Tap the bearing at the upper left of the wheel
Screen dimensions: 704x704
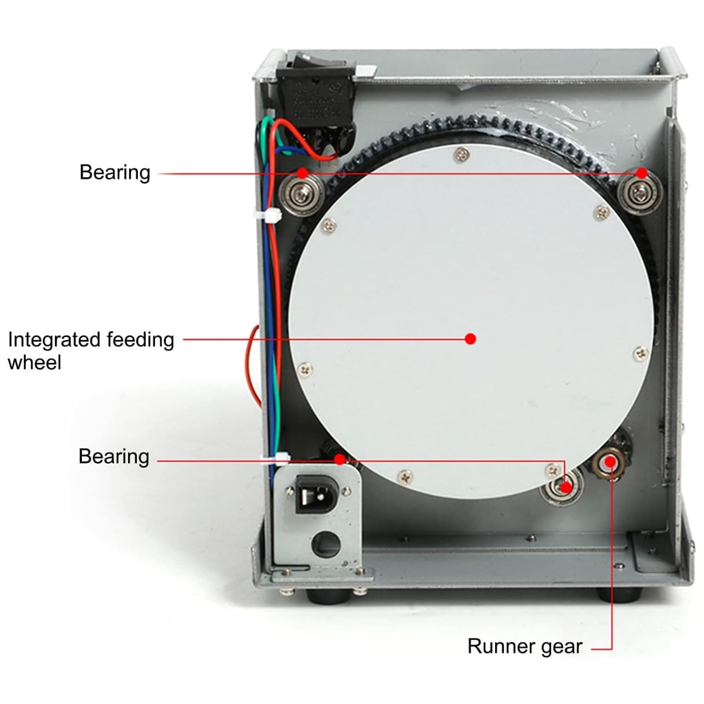click(x=301, y=193)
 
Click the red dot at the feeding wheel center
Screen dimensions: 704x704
click(x=470, y=339)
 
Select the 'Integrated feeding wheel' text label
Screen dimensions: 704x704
click(x=91, y=351)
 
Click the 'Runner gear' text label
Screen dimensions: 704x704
click(x=524, y=646)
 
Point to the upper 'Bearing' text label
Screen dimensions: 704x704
click(x=115, y=172)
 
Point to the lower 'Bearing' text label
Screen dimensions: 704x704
click(x=114, y=456)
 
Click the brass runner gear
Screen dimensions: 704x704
click(x=609, y=462)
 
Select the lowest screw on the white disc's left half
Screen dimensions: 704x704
click(x=405, y=476)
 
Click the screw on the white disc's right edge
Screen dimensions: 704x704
click(x=641, y=352)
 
